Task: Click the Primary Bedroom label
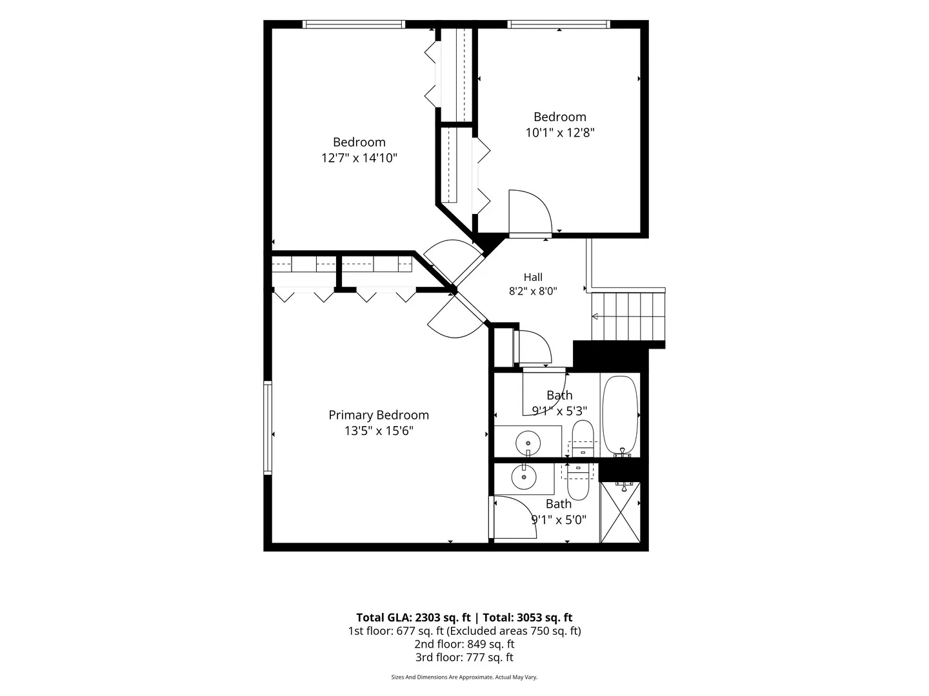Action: click(x=378, y=415)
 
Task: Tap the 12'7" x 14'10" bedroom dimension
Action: click(x=359, y=158)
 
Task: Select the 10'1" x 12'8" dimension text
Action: click(x=559, y=133)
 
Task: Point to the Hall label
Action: click(x=533, y=277)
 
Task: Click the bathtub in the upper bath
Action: click(x=619, y=416)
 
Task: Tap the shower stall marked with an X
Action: click(x=620, y=512)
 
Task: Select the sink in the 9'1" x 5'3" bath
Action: click(x=528, y=443)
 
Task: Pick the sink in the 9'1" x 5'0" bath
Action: click(x=524, y=477)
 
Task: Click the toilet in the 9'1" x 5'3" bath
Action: click(x=583, y=439)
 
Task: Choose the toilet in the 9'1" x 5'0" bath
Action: click(x=577, y=482)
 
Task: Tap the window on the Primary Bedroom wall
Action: click(x=268, y=428)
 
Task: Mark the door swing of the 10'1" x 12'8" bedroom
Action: click(x=530, y=211)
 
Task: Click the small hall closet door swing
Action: click(x=532, y=347)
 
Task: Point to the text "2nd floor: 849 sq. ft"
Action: click(x=464, y=644)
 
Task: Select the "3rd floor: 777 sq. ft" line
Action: click(x=464, y=657)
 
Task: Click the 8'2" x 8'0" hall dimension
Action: click(x=533, y=291)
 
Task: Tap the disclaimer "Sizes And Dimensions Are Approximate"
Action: click(x=442, y=677)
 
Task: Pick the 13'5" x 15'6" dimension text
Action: click(x=378, y=431)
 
